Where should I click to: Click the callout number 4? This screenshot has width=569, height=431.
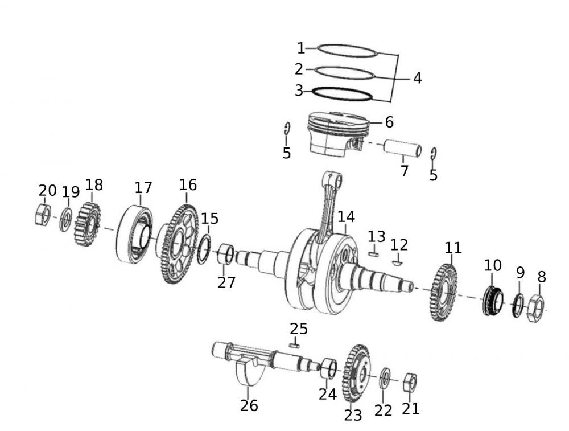418,78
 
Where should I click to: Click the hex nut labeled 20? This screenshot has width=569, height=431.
43,214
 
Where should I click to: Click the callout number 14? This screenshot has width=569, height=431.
346,217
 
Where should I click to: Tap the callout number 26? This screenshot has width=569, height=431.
249,405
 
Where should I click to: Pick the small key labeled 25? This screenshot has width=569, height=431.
294,344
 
